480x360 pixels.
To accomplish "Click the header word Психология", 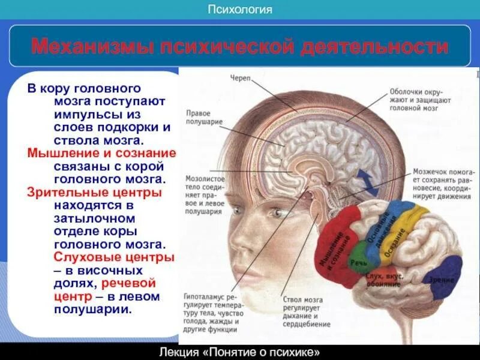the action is pyautogui.click(x=240, y=10).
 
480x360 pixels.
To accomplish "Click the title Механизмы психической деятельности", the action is pyautogui.click(x=240, y=46).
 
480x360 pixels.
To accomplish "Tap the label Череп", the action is pyautogui.click(x=240, y=79).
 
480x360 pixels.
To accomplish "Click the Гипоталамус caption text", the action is pyautogui.click(x=210, y=313).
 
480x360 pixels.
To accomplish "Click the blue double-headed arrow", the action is pyautogui.click(x=364, y=182).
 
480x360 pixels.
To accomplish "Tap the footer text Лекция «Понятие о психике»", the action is pyautogui.click(x=240, y=352).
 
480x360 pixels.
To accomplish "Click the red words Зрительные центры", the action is pyautogui.click(x=95, y=193).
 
